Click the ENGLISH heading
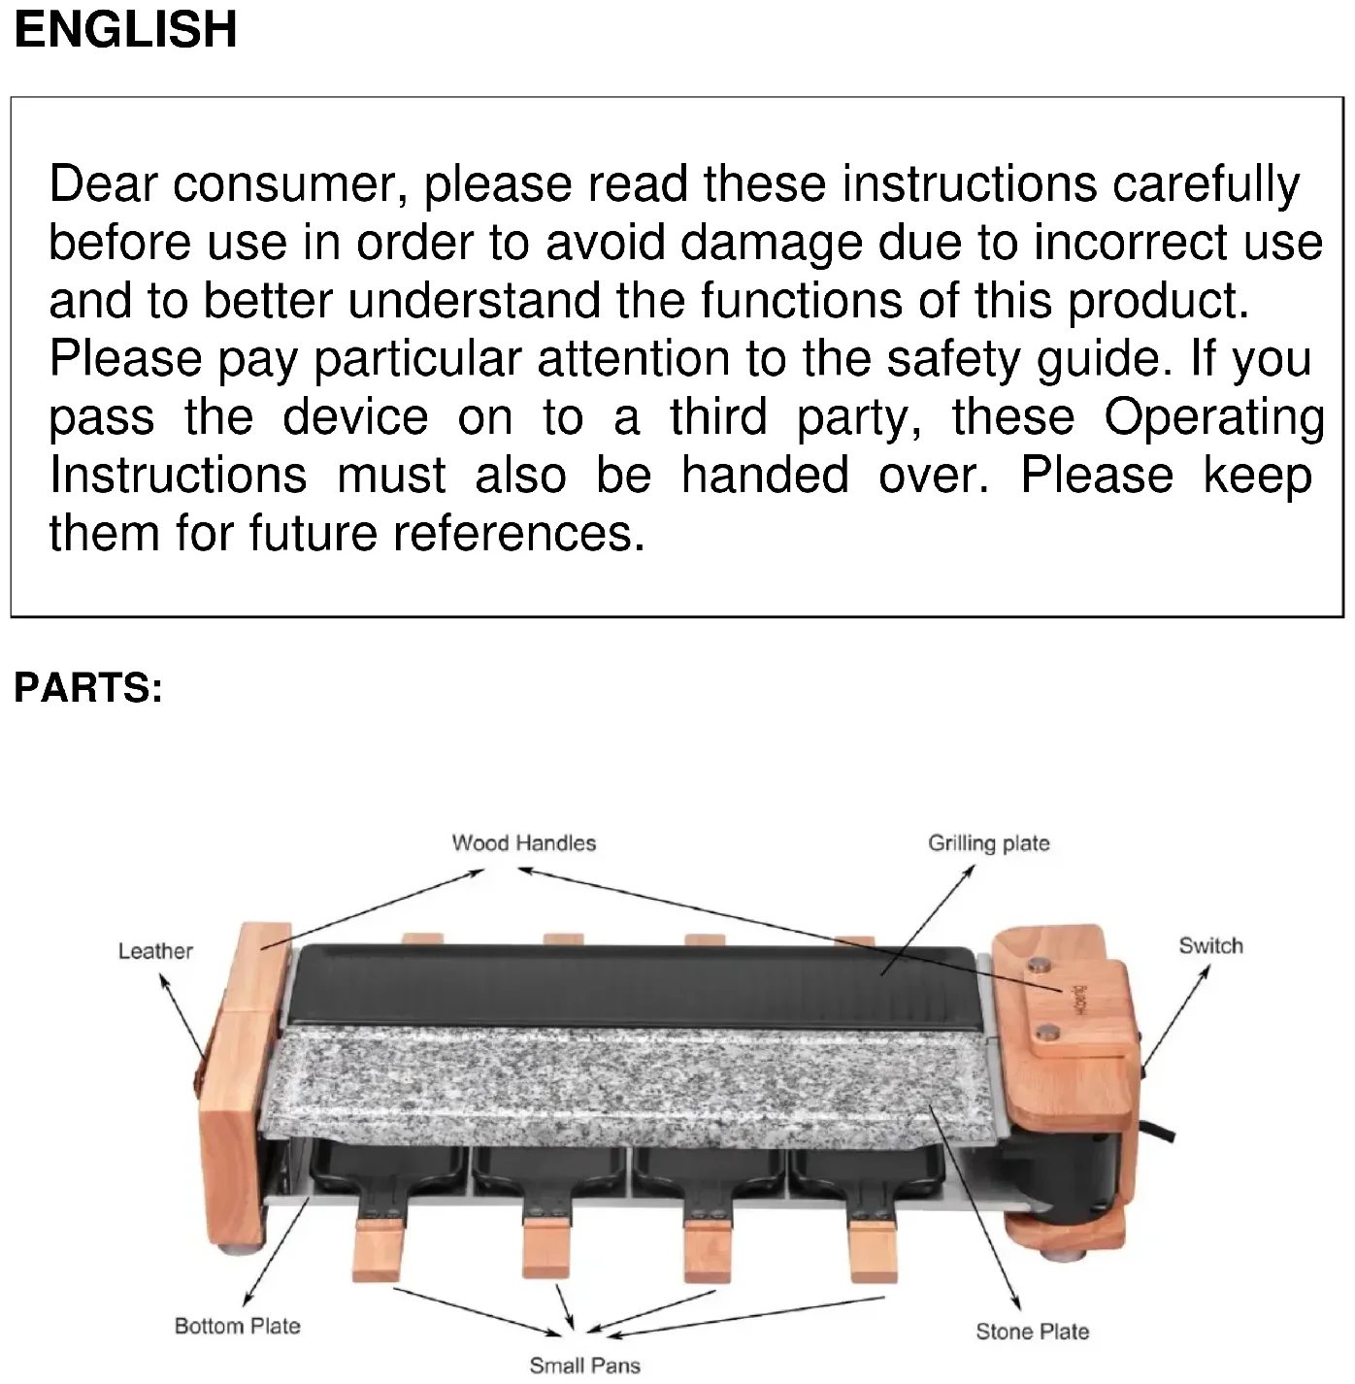pos(125,28)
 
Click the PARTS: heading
pos(88,687)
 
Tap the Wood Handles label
pos(523,842)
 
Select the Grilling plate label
pos(988,842)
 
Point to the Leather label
pos(155,951)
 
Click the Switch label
pos(1210,945)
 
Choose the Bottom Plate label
pos(237,1326)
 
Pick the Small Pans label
pos(584,1366)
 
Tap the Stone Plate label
pos(1032,1332)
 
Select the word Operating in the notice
pos(1213,417)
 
